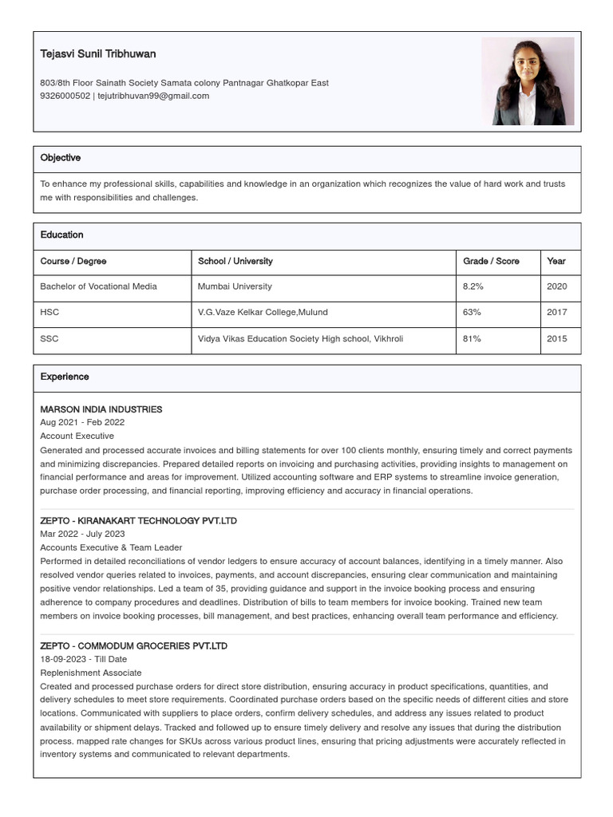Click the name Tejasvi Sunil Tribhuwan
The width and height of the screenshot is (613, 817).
point(98,54)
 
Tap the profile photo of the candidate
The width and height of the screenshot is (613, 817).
point(528,81)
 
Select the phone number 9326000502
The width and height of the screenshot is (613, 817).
point(65,96)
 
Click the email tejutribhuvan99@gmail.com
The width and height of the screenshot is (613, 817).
point(153,96)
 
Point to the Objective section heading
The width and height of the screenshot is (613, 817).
point(61,158)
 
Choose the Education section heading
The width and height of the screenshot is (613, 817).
point(62,235)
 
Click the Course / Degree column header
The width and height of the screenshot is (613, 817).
point(73,261)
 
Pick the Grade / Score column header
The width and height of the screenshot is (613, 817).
point(491,261)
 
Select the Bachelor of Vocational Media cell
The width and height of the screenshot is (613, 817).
point(98,286)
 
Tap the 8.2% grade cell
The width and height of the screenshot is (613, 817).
point(473,286)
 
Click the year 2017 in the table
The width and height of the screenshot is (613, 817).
point(556,312)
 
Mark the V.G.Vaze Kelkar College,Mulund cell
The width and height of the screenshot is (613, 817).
point(263,312)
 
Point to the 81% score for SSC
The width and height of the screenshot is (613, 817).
point(472,338)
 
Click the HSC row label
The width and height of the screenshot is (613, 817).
point(49,312)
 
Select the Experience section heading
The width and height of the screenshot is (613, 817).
point(65,377)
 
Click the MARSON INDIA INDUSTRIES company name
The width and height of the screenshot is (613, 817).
point(101,409)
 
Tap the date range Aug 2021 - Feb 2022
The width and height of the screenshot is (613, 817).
point(82,422)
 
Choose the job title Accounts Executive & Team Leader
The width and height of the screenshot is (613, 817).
point(111,547)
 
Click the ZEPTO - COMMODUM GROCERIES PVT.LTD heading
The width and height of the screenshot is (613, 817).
point(133,646)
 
